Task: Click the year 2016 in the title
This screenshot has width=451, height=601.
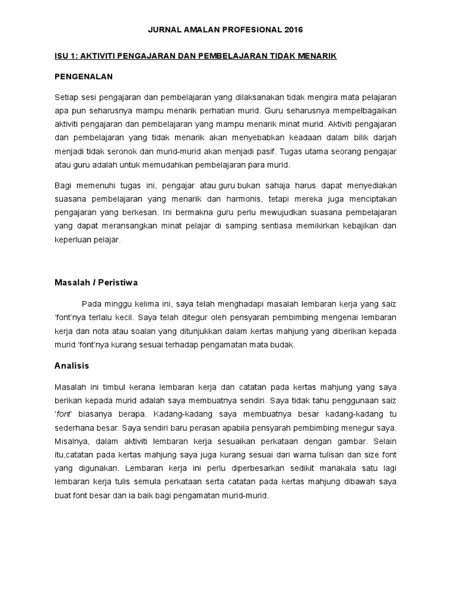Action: point(293,30)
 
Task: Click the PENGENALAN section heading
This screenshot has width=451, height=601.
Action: point(83,77)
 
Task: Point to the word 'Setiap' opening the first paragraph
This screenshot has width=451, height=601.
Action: point(65,97)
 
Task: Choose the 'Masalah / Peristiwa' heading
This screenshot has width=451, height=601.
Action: point(96,282)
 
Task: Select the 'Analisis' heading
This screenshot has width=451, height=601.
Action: point(72,366)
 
